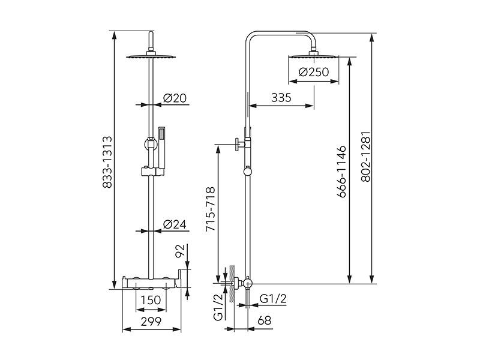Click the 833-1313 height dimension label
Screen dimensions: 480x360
(x=107, y=162)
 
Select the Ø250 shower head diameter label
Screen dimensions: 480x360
(x=313, y=72)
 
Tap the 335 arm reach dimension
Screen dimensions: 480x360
(x=281, y=98)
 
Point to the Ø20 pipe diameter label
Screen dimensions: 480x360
(x=175, y=98)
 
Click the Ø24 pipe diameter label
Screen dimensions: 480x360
(x=175, y=224)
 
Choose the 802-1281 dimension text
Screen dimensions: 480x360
(x=366, y=157)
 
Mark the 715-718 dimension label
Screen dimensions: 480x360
(x=211, y=209)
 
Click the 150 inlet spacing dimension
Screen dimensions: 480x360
(x=151, y=300)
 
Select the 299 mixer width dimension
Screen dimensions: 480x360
(x=151, y=322)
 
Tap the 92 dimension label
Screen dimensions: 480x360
(x=181, y=251)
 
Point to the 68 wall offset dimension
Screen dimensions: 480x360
(x=265, y=320)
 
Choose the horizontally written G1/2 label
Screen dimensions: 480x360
(x=273, y=298)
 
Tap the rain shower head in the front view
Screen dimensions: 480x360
(x=151, y=56)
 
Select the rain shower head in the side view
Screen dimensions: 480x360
(x=313, y=55)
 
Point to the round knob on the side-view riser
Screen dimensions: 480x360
(x=248, y=172)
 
